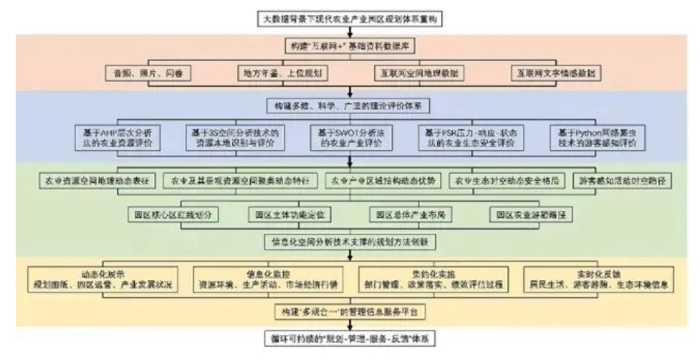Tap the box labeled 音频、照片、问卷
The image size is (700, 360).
pyautogui.click(x=148, y=74)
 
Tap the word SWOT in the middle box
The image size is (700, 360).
pyautogui.click(x=344, y=131)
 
